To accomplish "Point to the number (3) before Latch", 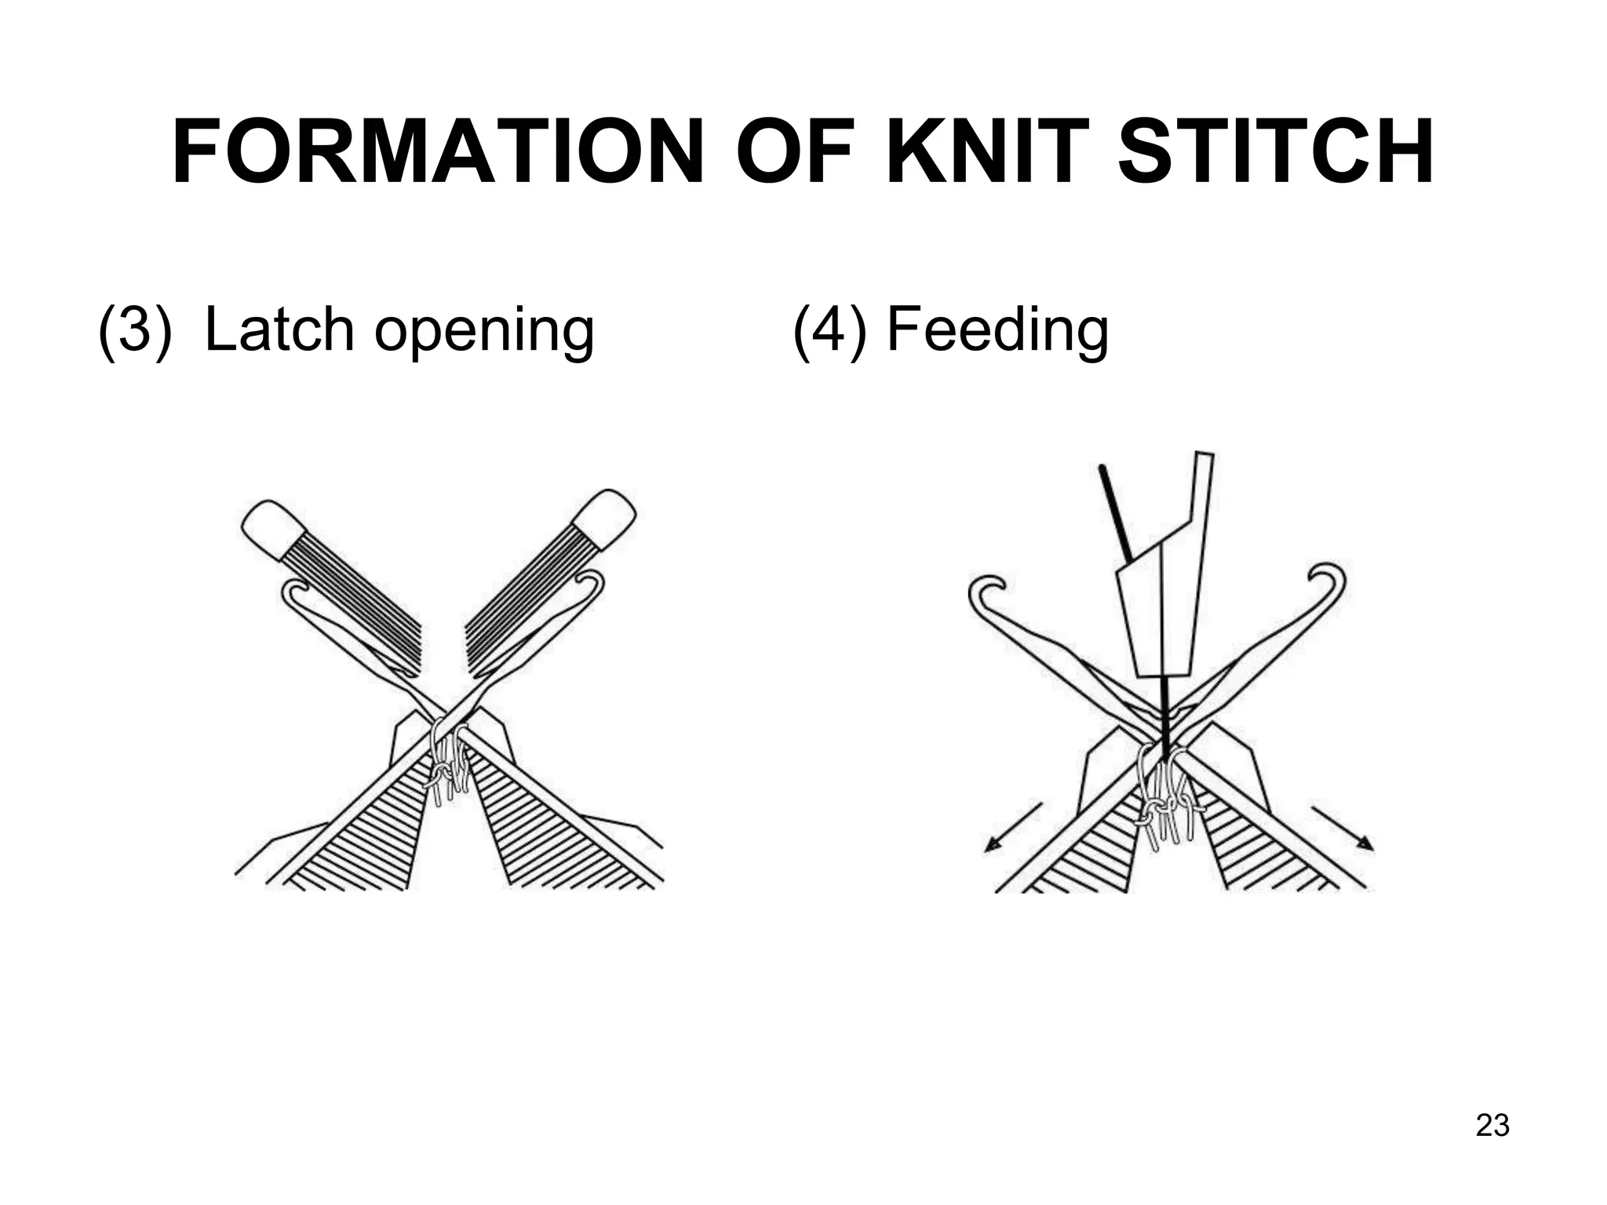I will click(x=134, y=329).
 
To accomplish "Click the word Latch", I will click(x=278, y=329).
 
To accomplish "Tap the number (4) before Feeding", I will click(x=829, y=329).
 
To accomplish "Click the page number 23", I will click(x=1492, y=1125).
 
